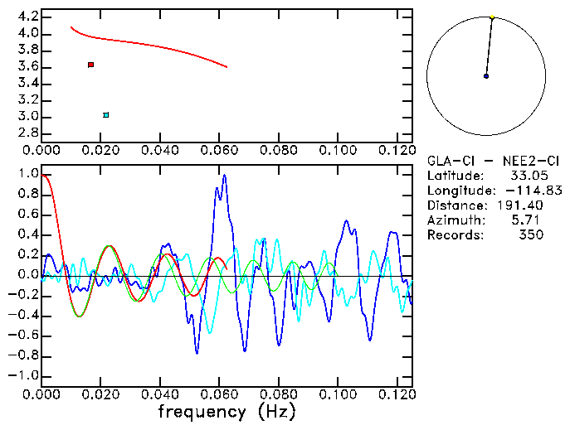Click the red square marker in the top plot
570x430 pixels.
[90, 65]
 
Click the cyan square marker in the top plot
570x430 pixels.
[105, 115]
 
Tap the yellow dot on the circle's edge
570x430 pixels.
[492, 17]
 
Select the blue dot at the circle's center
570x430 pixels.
[486, 76]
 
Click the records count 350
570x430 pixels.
[531, 235]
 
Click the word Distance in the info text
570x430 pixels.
[454, 205]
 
